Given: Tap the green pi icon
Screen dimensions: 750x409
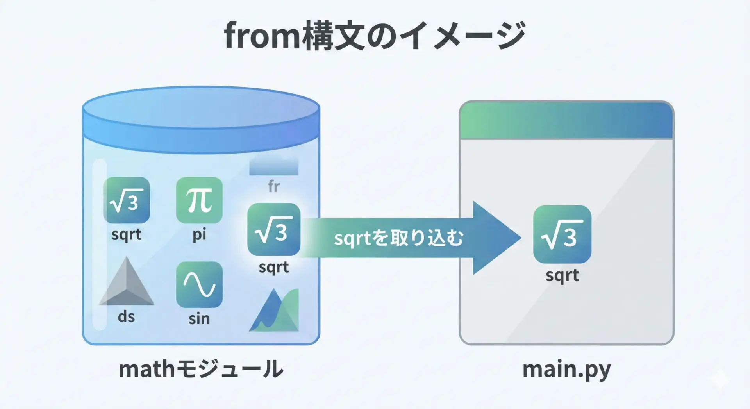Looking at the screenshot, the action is tap(199, 200).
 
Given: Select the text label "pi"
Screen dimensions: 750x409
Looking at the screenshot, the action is tap(199, 234).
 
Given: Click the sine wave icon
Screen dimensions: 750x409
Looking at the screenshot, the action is tap(199, 284).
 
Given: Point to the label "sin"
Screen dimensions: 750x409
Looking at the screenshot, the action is tap(199, 318).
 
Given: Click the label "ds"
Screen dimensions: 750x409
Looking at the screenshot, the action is tap(126, 316).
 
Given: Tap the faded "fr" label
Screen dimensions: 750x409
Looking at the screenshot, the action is tap(274, 186).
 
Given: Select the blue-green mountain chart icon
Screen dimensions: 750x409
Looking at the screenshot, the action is tap(274, 310).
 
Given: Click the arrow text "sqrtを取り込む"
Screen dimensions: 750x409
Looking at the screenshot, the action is tap(398, 238).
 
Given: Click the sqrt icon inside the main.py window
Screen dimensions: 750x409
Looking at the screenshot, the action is tap(562, 234).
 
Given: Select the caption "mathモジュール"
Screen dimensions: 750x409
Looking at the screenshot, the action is tap(201, 369).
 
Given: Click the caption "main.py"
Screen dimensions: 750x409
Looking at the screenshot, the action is tap(566, 369).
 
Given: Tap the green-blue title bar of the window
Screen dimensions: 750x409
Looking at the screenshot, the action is tap(566, 120).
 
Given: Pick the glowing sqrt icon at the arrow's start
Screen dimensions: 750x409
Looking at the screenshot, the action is tap(274, 229).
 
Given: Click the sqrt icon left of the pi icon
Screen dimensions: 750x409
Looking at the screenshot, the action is tap(126, 200).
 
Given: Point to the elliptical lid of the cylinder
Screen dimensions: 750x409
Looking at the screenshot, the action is tap(201, 107).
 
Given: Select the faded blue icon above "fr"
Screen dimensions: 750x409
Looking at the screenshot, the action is tap(274, 166).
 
